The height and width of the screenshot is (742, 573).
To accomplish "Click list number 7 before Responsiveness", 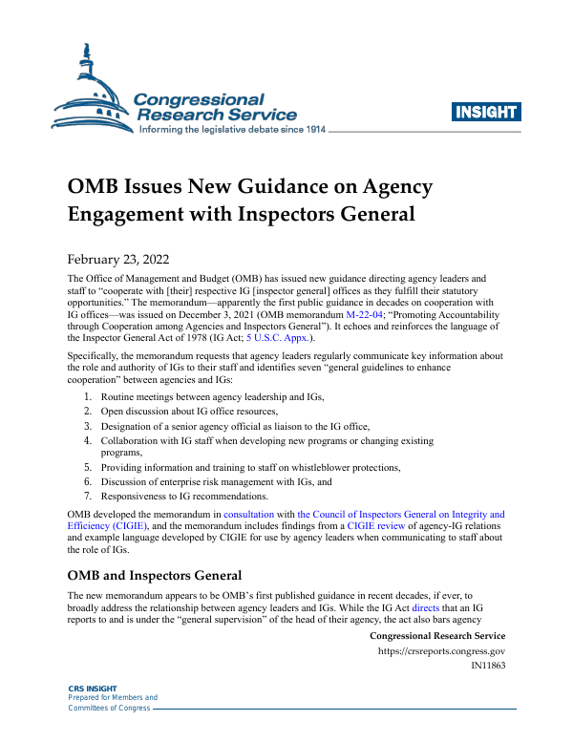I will pyautogui.click(x=87, y=496).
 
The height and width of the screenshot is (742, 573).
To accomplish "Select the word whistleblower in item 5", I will pyautogui.click(x=316, y=467).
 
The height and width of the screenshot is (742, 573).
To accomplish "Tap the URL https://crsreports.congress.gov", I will pyautogui.click(x=441, y=652).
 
